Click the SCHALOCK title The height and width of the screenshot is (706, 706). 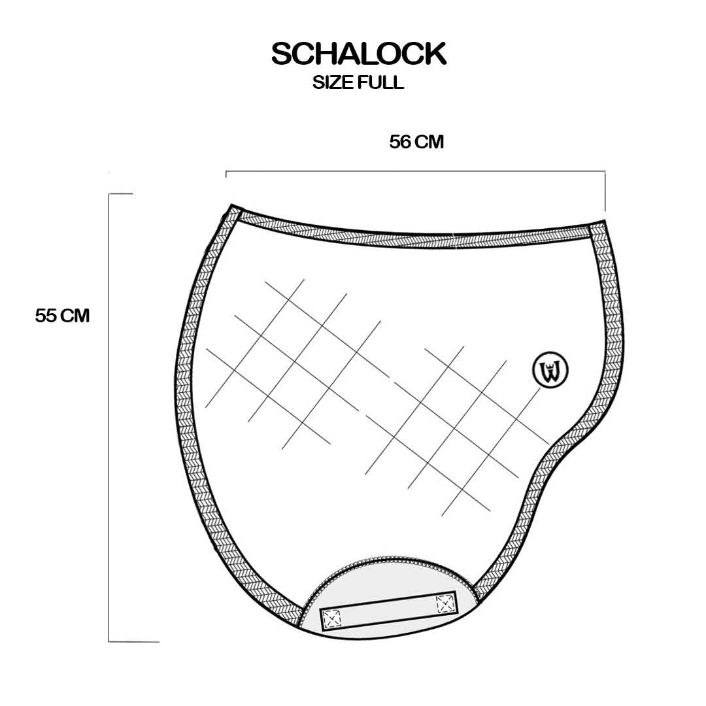(358, 54)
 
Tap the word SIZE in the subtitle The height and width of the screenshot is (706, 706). (332, 82)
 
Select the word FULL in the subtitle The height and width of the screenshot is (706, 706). (380, 82)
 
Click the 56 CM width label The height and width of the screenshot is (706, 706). (416, 142)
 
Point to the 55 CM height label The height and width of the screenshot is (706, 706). (62, 316)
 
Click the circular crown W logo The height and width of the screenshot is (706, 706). (550, 369)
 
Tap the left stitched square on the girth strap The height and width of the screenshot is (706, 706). (332, 618)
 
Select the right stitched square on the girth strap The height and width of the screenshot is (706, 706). (445, 603)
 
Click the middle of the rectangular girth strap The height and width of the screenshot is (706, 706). (388, 611)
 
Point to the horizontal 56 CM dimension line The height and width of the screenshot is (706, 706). (415, 171)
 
